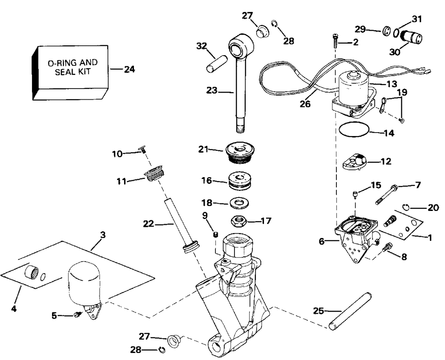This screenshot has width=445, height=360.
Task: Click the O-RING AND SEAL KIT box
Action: point(70,73)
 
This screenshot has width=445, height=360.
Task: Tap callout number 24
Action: point(129,69)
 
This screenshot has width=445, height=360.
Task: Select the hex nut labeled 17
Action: point(239,221)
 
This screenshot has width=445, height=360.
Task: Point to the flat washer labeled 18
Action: point(239,203)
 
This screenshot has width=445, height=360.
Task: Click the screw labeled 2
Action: point(336,41)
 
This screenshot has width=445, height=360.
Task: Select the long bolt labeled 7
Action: point(387,194)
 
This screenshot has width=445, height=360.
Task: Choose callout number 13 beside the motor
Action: point(392,84)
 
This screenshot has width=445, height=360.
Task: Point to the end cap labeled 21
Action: point(240,153)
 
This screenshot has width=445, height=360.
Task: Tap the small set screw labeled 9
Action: point(215,235)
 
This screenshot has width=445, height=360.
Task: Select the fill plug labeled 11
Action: point(154,175)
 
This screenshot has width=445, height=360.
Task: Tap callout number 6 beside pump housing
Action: point(322,242)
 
